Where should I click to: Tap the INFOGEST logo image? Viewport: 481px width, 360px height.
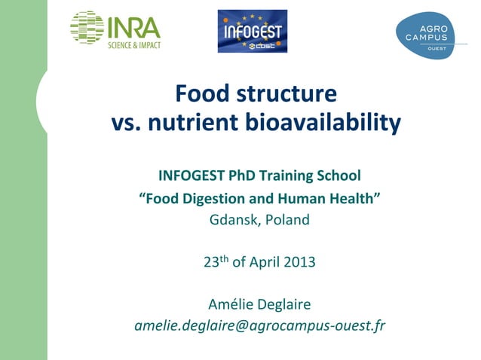[x=253, y=31]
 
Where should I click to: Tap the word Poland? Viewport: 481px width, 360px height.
[x=287, y=220]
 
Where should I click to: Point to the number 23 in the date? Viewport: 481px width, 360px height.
[x=211, y=263]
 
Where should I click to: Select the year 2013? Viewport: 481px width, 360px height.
[x=299, y=263]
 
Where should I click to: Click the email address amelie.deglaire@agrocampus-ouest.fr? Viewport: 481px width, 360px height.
[x=259, y=326]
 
